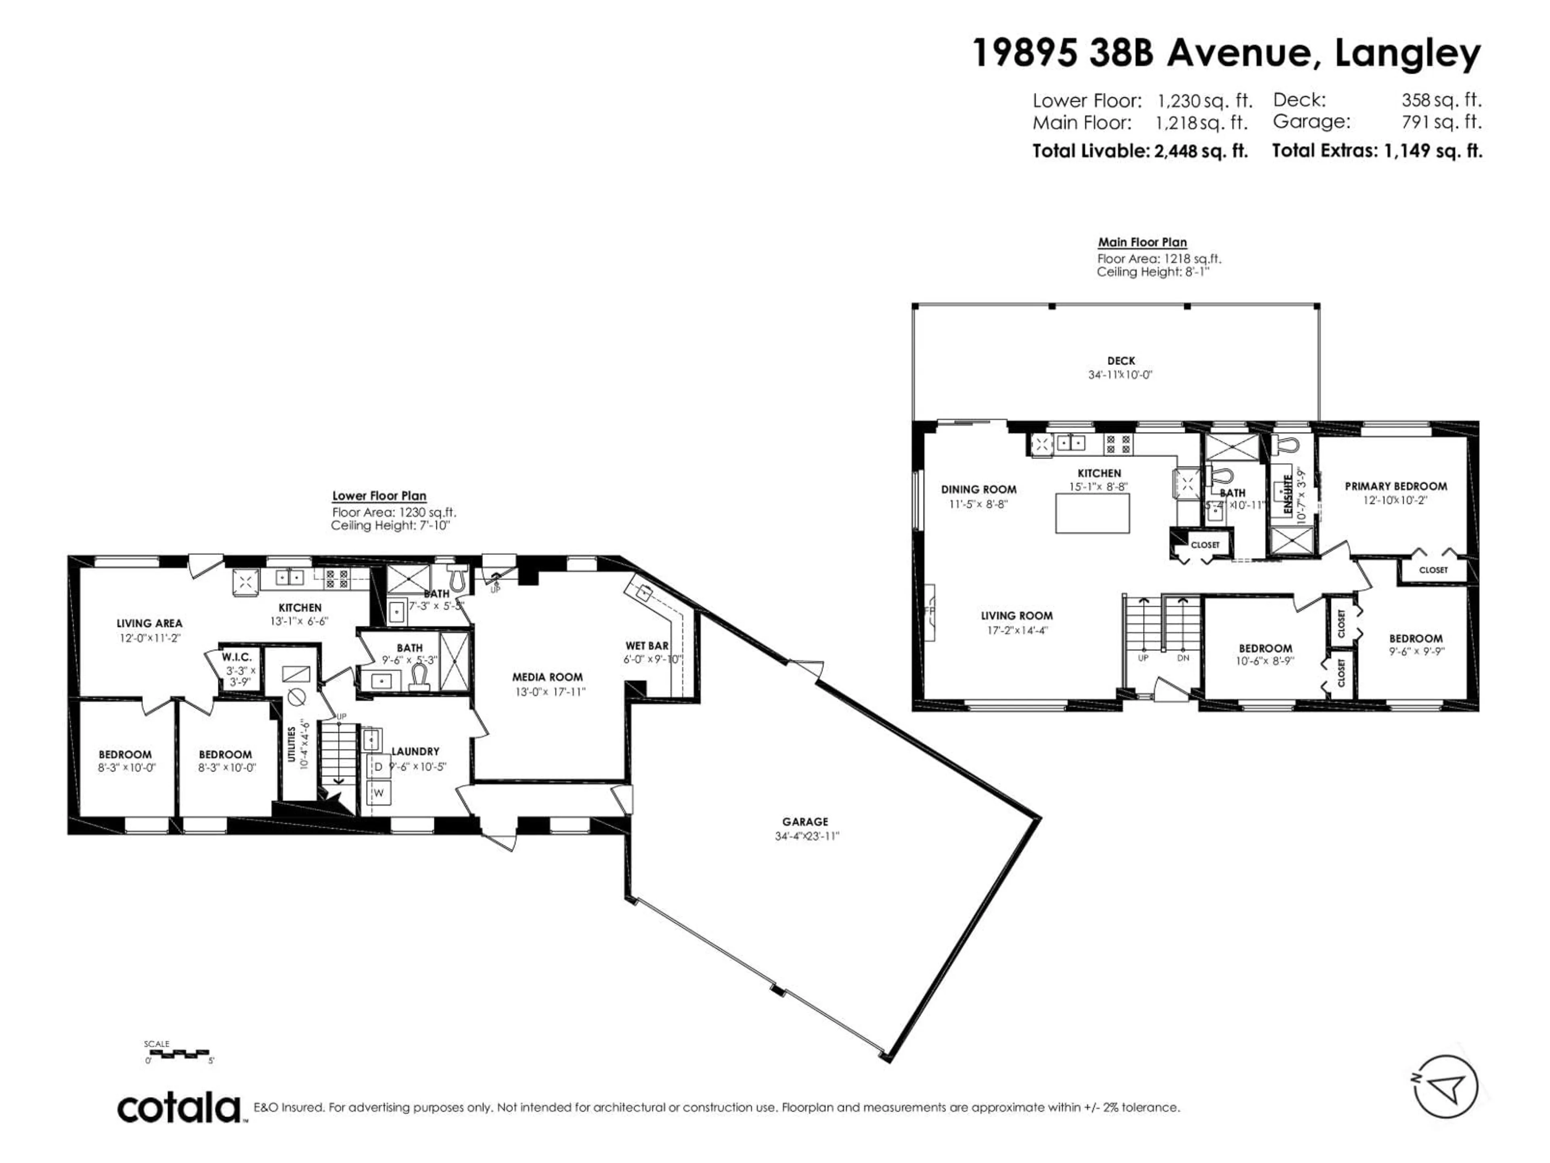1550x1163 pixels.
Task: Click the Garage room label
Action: [805, 822]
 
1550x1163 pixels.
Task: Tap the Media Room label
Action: [547, 677]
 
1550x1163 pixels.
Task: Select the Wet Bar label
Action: [647, 646]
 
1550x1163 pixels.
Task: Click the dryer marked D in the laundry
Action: [378, 767]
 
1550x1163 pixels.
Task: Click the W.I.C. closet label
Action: [237, 657]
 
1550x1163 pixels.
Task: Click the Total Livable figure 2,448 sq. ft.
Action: [1201, 151]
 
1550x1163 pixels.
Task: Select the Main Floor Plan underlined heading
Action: [1142, 243]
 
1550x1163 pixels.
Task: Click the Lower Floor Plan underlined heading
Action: [379, 495]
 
